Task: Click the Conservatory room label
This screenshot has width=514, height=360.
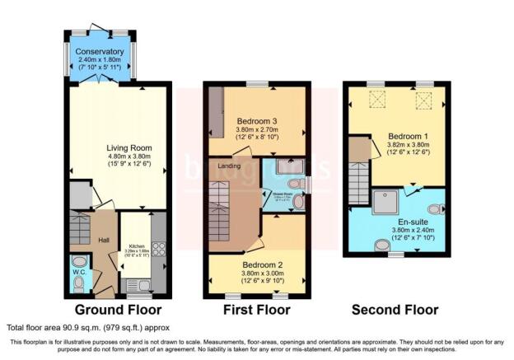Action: (100, 51)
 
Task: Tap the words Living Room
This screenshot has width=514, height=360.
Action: (129, 148)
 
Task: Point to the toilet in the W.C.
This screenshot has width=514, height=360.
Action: (78, 283)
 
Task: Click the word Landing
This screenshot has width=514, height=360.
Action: (230, 163)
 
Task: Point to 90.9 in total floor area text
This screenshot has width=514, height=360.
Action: (77, 328)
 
